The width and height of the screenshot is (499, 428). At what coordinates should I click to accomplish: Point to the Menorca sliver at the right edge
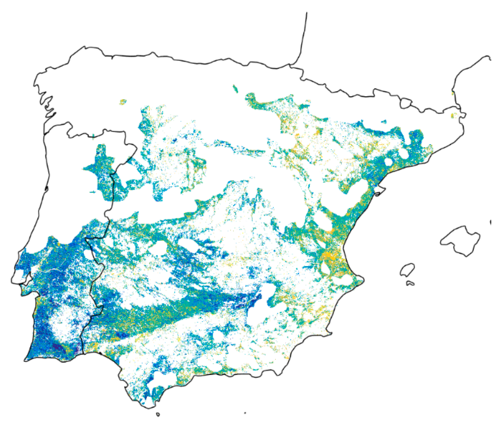click(491, 222)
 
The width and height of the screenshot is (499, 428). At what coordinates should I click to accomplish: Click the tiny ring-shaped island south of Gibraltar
click(158, 414)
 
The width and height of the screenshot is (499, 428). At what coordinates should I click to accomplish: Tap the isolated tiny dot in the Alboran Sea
click(245, 413)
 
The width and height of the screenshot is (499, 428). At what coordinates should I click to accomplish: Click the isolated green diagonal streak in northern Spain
click(235, 89)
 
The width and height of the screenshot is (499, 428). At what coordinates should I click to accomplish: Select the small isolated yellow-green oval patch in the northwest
click(123, 102)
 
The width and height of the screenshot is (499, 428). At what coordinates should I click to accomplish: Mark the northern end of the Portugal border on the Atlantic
click(45, 133)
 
